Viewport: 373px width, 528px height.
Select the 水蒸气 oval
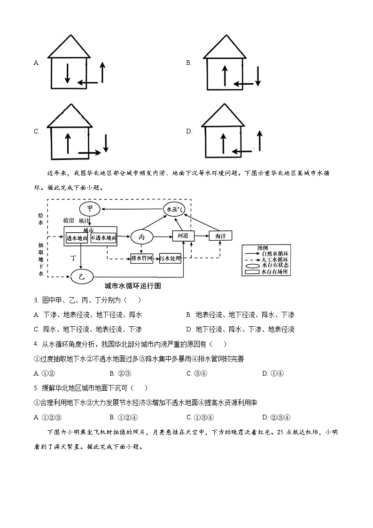pos(174,209)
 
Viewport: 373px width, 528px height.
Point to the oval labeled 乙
pos(82,277)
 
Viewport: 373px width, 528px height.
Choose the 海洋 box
pos(220,236)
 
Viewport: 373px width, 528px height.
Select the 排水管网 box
pos(141,258)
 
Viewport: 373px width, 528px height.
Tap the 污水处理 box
pos(170,258)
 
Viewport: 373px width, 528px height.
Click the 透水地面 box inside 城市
pos(77,238)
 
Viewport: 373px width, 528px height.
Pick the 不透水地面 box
pos(103,238)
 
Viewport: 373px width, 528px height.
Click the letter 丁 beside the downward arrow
pos(73,258)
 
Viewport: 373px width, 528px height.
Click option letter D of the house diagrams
pos(189,132)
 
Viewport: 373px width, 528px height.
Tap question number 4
pos(36,344)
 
